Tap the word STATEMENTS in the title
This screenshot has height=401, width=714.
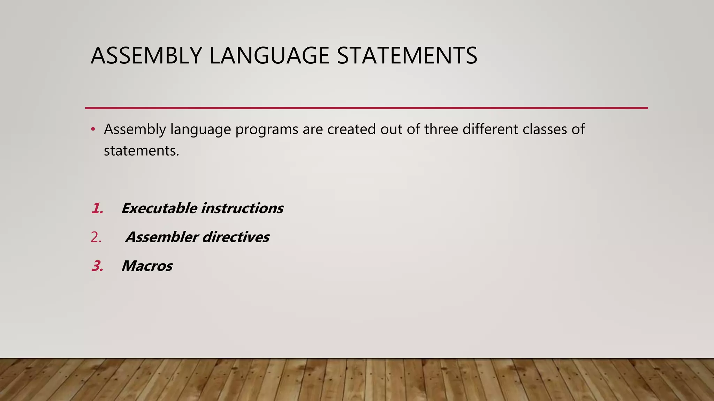(x=407, y=56)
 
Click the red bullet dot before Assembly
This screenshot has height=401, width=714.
(x=93, y=129)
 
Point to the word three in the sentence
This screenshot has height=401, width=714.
(x=441, y=129)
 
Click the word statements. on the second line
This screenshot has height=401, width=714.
(x=141, y=151)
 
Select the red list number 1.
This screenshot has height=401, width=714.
(x=97, y=209)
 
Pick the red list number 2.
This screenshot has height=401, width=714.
(x=96, y=237)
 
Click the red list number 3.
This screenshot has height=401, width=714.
(x=97, y=266)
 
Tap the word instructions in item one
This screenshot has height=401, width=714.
(x=242, y=209)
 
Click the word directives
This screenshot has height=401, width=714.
(x=236, y=237)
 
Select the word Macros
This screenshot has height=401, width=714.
(x=147, y=266)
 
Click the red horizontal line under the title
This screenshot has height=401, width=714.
(x=366, y=108)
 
